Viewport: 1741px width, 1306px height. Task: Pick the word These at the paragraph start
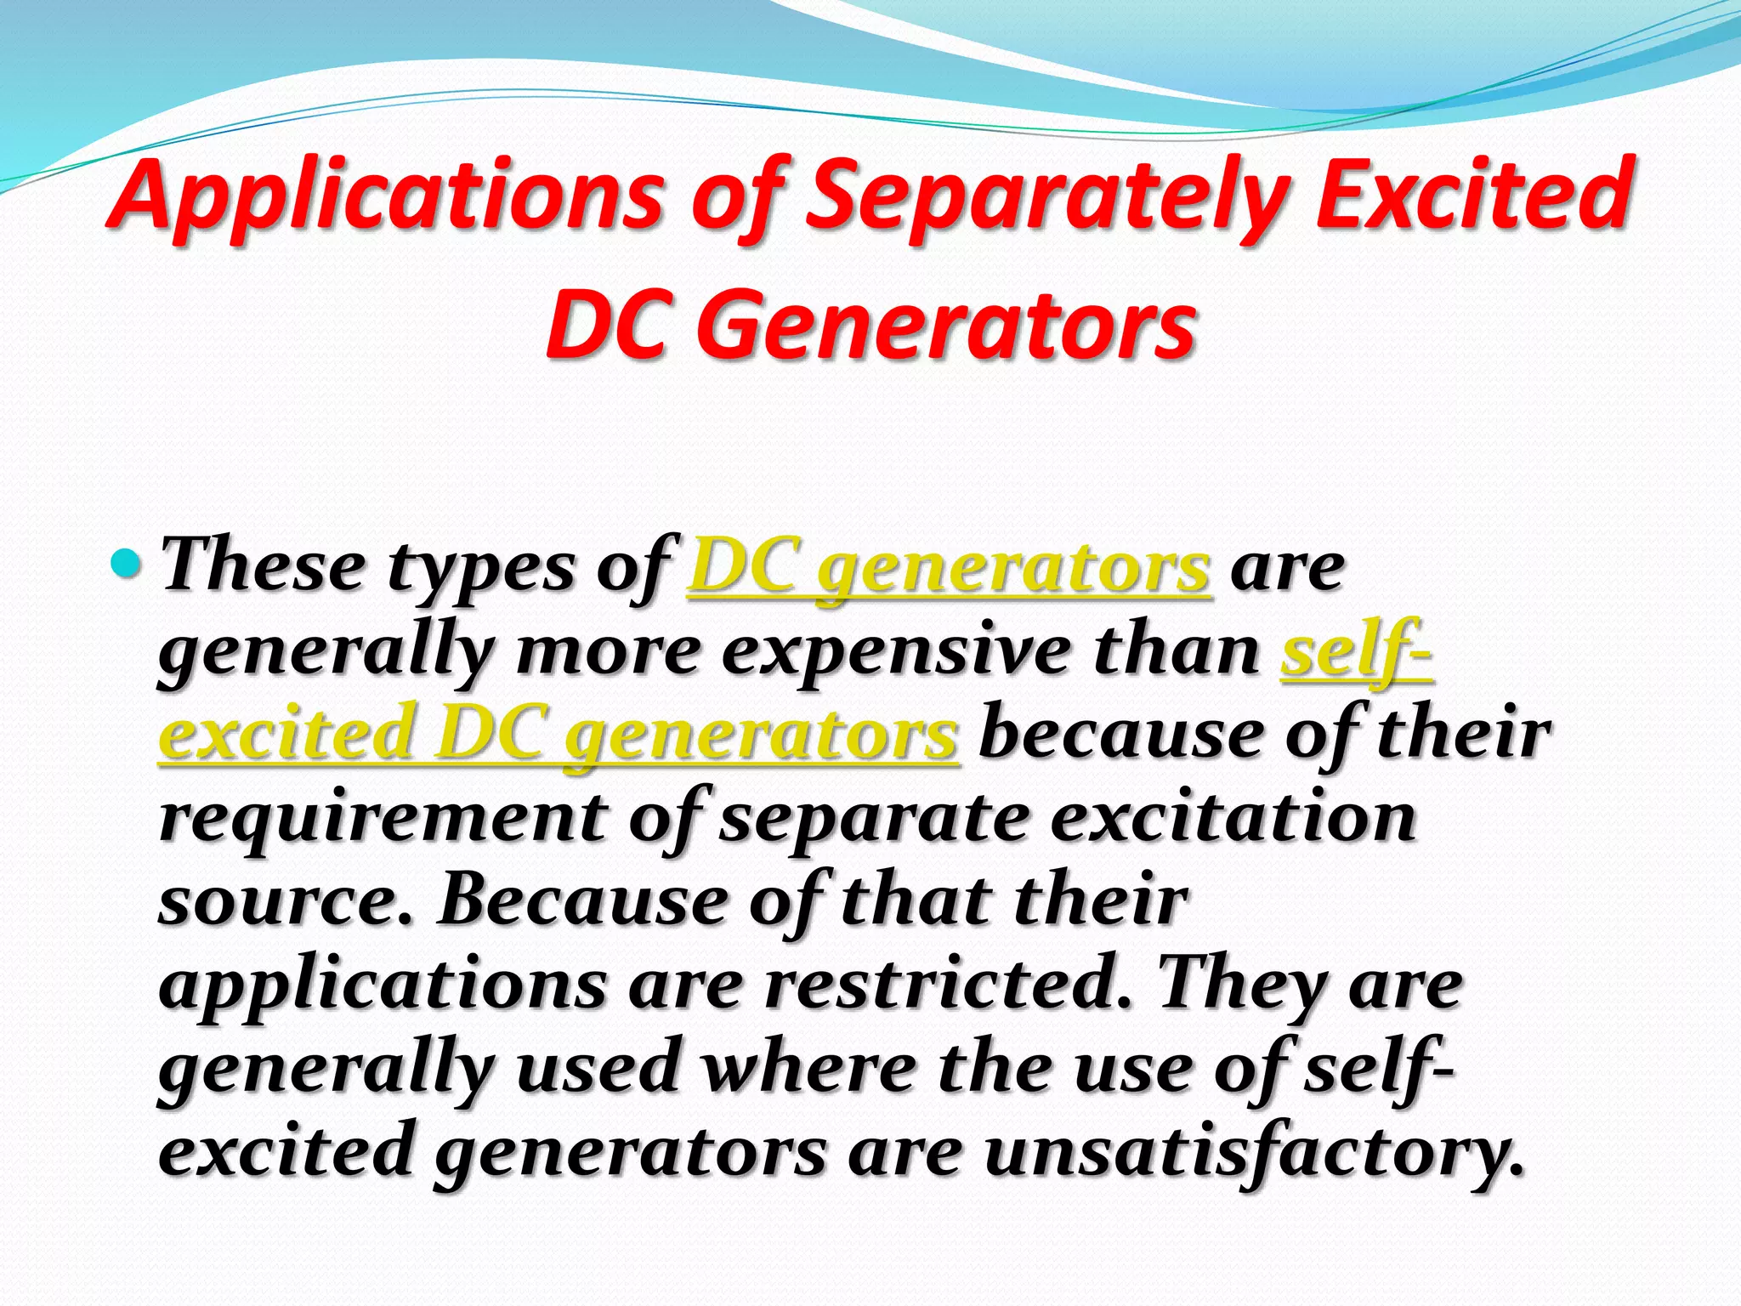click(264, 566)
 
